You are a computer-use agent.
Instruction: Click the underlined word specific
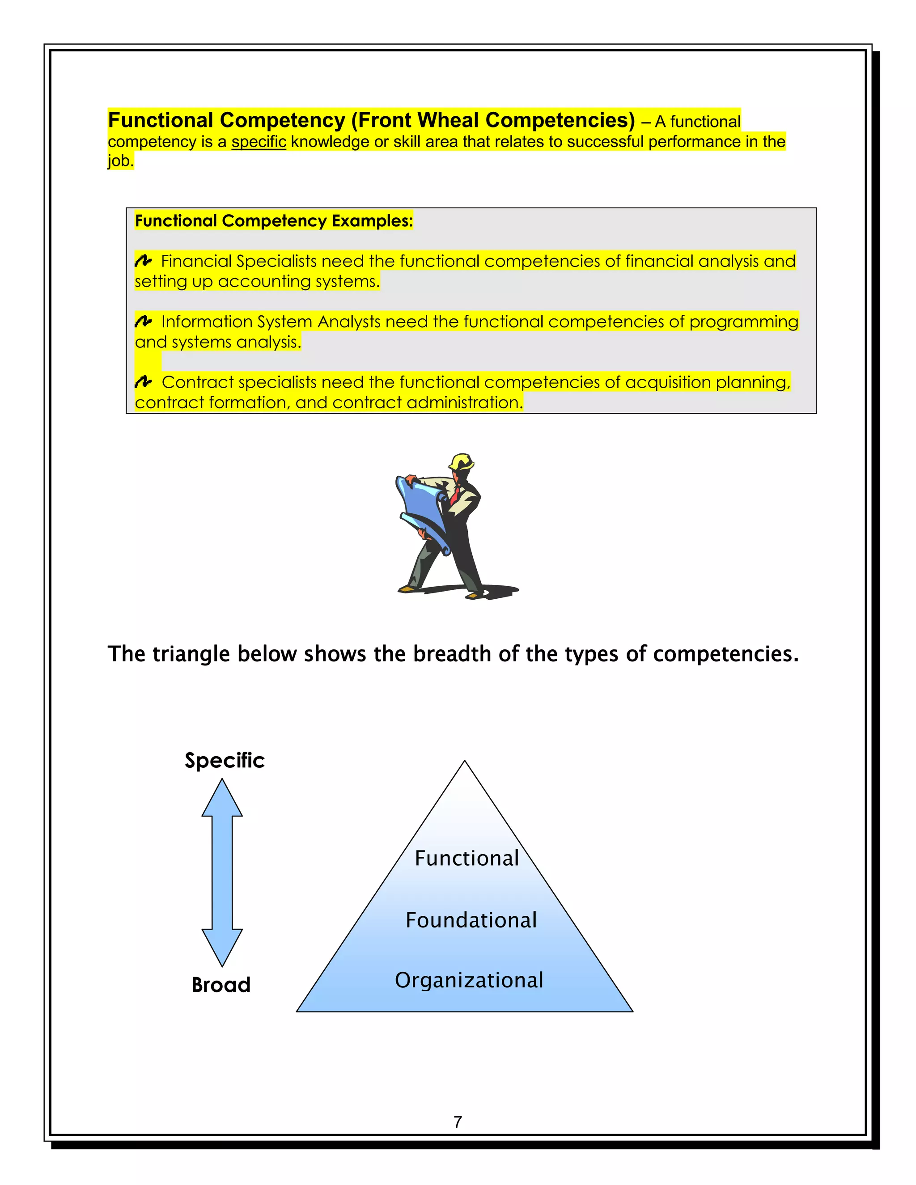coord(259,142)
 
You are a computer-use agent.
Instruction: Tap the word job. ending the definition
coord(120,161)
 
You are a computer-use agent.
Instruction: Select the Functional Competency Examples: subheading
coord(273,221)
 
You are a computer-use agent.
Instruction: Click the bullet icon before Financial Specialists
coord(143,261)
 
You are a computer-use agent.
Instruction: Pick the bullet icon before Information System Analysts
coord(143,322)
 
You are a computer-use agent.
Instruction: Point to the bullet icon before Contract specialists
coord(143,382)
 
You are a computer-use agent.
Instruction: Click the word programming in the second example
coord(743,322)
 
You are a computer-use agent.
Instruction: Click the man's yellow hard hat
coord(462,462)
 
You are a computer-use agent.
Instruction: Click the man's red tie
coord(455,495)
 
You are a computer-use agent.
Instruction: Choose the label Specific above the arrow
coord(225,760)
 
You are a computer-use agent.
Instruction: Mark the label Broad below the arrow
coord(221,985)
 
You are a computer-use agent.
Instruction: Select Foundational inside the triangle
coord(471,920)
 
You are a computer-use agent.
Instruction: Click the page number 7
coord(458,1122)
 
